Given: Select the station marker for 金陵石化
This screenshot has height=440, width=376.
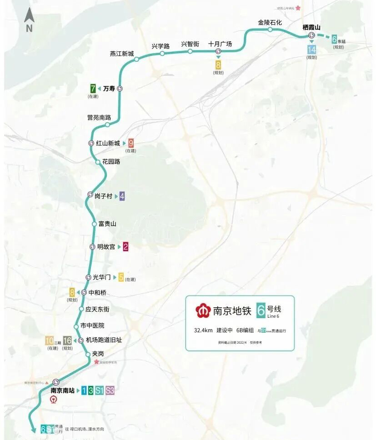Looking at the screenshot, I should click(x=270, y=30).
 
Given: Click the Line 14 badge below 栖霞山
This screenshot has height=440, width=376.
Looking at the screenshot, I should click(x=311, y=50).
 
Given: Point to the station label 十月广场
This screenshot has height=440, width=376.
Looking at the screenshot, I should click(x=220, y=44).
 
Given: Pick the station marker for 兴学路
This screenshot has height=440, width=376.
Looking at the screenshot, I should click(x=162, y=54).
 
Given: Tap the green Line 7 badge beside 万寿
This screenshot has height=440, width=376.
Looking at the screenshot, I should click(x=93, y=89).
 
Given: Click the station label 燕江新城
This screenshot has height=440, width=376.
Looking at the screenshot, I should click(x=122, y=54).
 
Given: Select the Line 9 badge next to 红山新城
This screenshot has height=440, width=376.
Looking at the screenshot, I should click(x=131, y=143).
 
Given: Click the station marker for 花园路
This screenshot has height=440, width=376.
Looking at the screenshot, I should click(x=98, y=162).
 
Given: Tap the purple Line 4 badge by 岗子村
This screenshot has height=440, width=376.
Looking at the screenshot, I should click(x=122, y=196).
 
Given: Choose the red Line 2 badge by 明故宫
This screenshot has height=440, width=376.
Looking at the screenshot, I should click(x=125, y=247).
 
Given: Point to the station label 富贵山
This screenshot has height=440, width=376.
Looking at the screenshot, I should click(x=107, y=224).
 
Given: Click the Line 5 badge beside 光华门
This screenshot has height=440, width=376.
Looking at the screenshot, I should click(x=121, y=277).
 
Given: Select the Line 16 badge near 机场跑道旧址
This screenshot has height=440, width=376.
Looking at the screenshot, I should click(x=67, y=340).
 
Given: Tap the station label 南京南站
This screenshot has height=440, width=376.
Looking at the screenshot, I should click(x=62, y=390).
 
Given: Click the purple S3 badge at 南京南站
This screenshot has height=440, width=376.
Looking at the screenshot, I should click(x=110, y=390).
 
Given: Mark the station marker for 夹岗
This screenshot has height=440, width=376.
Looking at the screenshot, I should click(x=88, y=354).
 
